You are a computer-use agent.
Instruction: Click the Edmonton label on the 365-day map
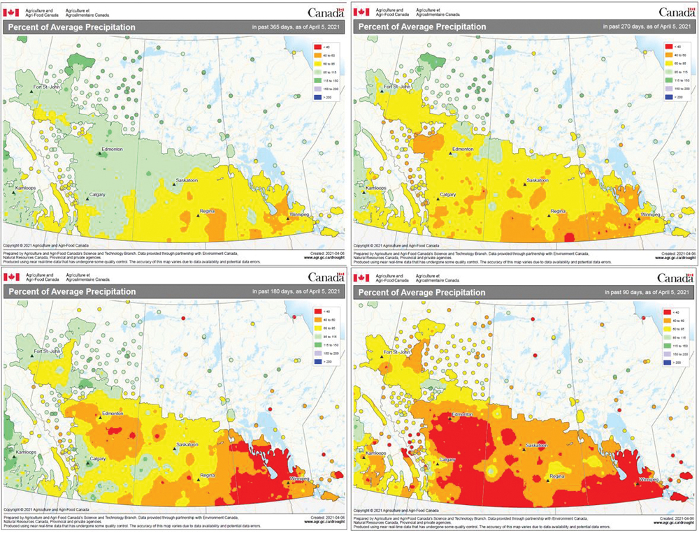112,149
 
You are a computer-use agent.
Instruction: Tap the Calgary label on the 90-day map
447,459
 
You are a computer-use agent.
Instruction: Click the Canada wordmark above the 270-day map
676,12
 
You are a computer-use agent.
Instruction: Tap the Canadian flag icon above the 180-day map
12,277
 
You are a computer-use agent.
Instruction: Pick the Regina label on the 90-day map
557,476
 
